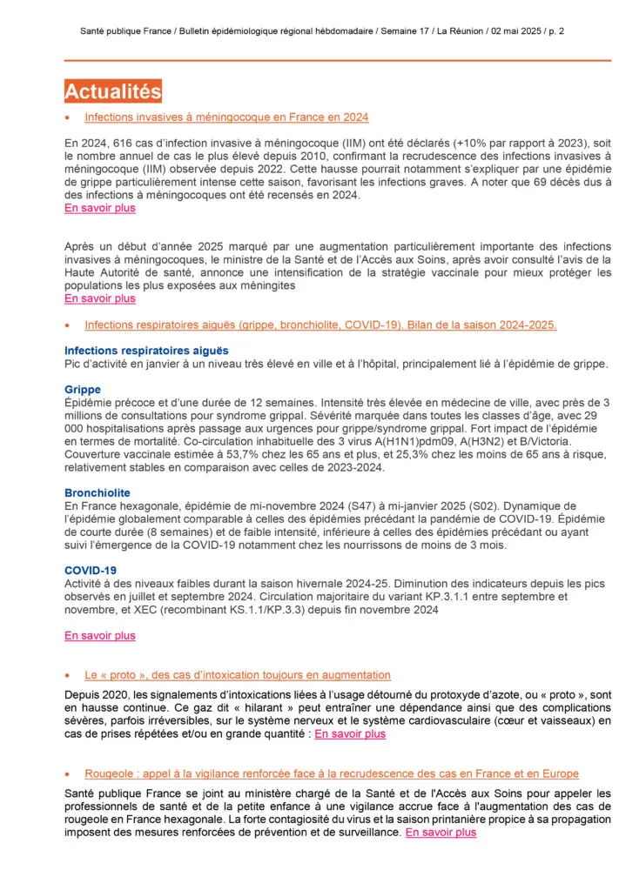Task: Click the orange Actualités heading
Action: [x=113, y=91]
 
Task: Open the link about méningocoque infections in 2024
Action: [x=226, y=117]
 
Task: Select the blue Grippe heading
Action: [x=83, y=389]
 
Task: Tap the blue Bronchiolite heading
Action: [x=98, y=492]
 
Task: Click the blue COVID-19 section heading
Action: [x=91, y=570]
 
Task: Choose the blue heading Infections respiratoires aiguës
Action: [x=146, y=350]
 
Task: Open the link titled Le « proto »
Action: [x=238, y=675]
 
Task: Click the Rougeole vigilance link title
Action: [x=331, y=773]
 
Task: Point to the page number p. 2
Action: [x=555, y=30]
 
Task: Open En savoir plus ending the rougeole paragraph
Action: [x=441, y=833]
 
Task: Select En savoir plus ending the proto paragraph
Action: [x=349, y=733]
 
